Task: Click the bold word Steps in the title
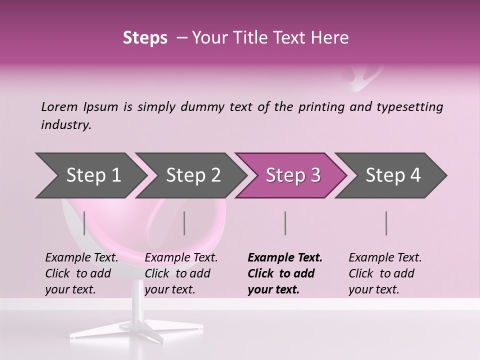pos(145,38)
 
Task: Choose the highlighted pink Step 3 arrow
pos(293,175)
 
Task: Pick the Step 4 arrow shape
pos(393,175)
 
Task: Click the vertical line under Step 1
pos(84,223)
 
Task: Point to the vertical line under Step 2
pos(184,223)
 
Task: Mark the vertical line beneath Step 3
pos(285,223)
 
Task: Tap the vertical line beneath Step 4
pos(386,223)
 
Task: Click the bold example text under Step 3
pos(285,273)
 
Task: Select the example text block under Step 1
pos(82,273)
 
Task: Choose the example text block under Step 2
pos(181,273)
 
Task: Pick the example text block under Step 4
pos(385,273)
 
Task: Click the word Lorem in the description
pos(59,107)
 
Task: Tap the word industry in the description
pos(65,125)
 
